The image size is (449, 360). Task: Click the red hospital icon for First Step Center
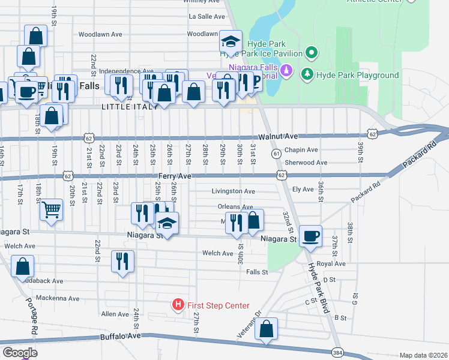point(178,305)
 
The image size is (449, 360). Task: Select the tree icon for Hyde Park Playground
point(307,75)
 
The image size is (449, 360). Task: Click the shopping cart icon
point(52,209)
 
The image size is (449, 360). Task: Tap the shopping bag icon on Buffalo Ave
point(267,328)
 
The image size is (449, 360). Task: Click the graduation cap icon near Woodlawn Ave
point(231,41)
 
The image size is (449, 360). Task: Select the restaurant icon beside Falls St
point(123,261)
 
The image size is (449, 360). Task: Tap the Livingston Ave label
point(233,191)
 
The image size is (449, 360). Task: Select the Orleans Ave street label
point(236,206)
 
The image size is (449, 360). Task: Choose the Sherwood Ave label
point(306,162)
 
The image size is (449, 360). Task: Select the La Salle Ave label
point(206,16)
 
